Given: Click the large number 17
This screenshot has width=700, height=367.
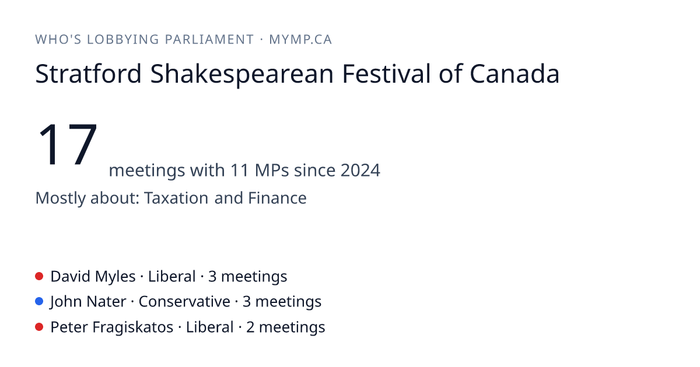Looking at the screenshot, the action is coord(68,144).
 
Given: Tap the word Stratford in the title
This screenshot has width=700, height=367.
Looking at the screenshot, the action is coord(89,73).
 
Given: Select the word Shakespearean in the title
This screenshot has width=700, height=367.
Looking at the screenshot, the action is coord(242,75).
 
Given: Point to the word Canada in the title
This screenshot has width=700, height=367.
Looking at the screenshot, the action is coord(514,73).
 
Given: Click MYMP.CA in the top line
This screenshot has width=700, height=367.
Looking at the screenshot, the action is coord(300,40).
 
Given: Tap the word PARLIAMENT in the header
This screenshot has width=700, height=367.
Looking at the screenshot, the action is coord(209,40).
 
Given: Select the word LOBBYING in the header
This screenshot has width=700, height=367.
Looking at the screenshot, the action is coord(123,40).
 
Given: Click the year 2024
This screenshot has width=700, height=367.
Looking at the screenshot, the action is coord(360,170).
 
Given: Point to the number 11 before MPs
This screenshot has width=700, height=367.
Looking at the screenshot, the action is coord(240,170).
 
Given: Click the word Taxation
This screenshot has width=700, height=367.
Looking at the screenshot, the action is coord(176,198).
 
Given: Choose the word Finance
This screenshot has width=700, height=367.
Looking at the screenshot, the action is coord(277,198).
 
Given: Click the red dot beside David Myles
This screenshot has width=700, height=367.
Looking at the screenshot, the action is coord(39,276).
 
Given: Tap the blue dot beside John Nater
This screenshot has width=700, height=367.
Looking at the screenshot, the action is coord(39,302).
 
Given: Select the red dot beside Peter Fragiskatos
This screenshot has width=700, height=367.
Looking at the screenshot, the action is coord(39,327).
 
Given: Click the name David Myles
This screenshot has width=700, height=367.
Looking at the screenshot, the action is coord(93,277).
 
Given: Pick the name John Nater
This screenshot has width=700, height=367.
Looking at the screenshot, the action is coord(88,302).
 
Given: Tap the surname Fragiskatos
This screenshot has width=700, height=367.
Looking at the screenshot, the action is coord(133,327).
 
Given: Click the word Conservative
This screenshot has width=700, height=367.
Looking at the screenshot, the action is coord(184,302).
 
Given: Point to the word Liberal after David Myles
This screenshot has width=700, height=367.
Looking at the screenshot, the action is coord(172,277).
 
